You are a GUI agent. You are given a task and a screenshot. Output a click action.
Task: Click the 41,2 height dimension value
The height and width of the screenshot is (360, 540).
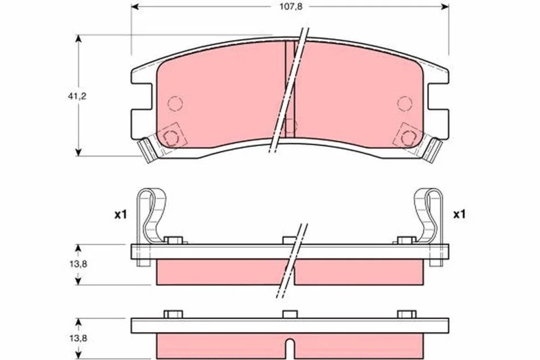(77, 97)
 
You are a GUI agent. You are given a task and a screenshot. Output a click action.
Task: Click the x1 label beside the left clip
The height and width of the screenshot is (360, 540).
(121, 215)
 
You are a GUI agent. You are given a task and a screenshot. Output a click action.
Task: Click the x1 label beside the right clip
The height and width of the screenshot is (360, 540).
(459, 214)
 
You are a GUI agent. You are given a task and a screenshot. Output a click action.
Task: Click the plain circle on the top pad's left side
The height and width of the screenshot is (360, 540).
(175, 103)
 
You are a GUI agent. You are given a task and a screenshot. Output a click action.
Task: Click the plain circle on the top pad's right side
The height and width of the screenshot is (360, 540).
(405, 103)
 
